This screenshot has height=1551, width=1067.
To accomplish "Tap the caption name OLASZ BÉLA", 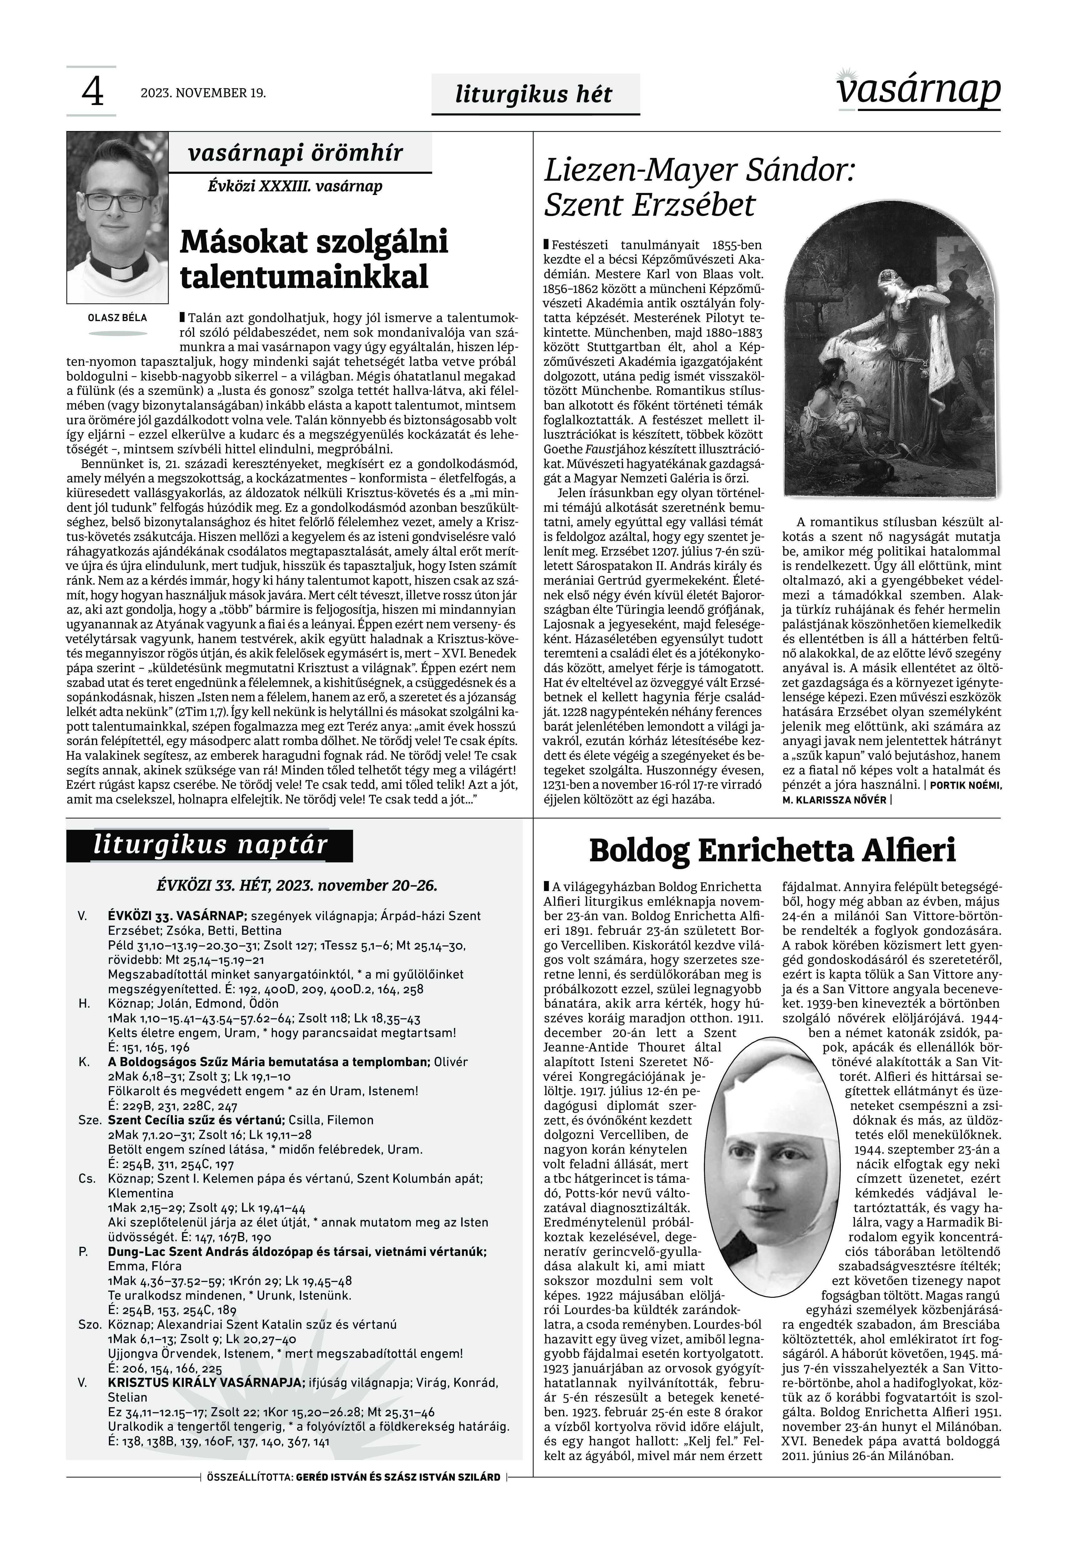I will pos(117,318).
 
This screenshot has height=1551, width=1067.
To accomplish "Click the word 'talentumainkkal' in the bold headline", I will pos(304,276).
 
